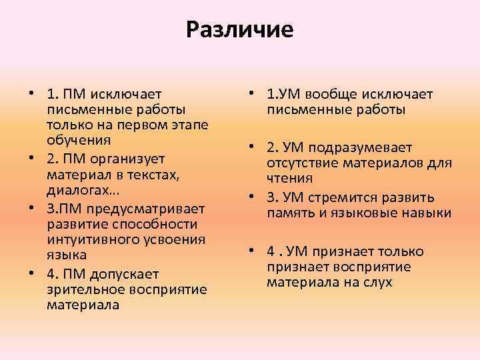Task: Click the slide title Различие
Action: coord(240,30)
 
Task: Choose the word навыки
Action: coord(428,213)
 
